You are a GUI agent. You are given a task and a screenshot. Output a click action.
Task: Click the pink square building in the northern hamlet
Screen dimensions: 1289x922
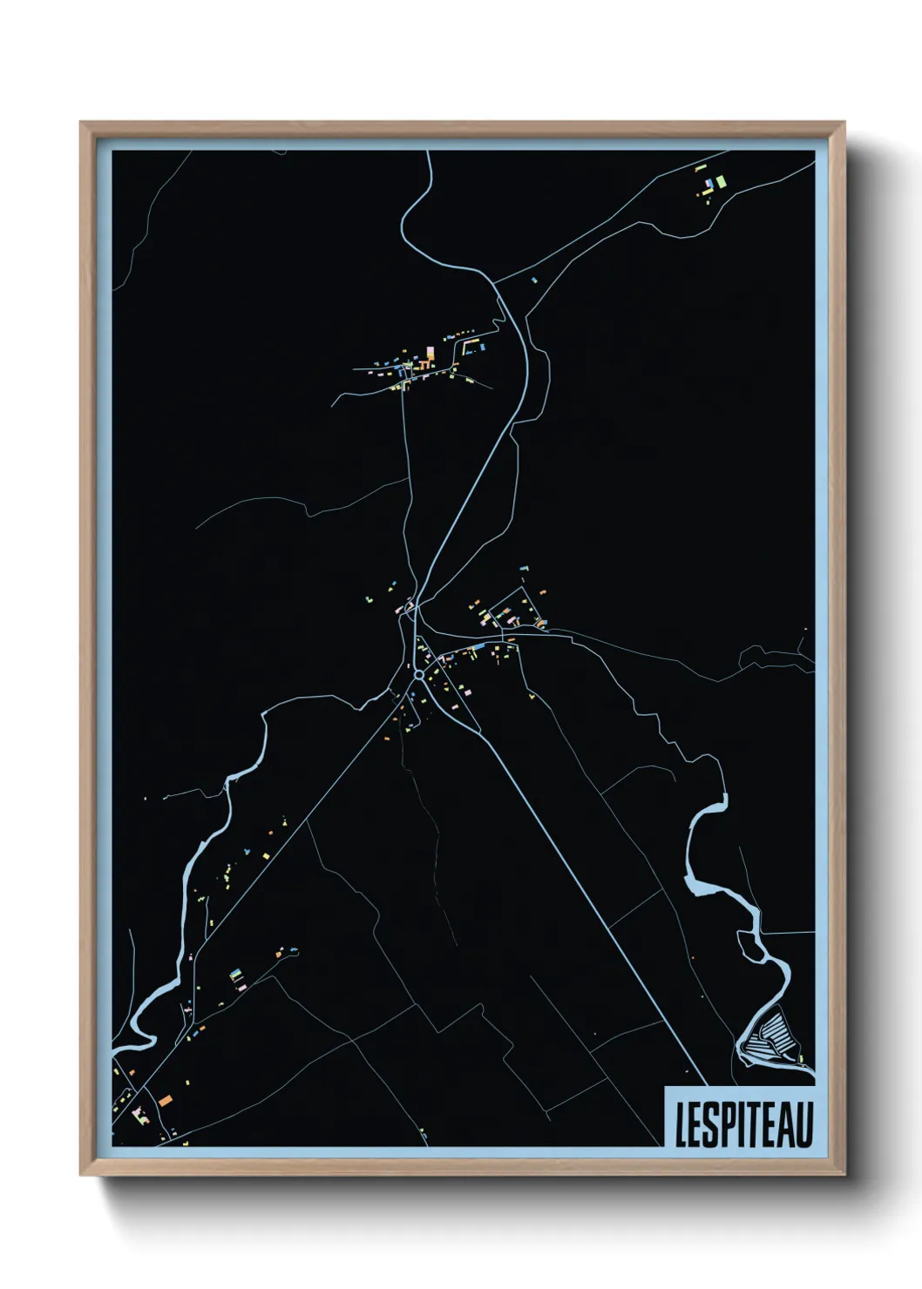pos(429,353)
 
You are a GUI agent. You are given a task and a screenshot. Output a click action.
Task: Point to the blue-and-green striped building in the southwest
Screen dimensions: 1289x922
pos(235,975)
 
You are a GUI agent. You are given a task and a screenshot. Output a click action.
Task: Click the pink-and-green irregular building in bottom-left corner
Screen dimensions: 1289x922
pos(136,1112)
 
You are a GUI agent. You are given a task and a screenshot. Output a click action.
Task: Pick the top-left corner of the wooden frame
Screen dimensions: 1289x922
pos(81,123)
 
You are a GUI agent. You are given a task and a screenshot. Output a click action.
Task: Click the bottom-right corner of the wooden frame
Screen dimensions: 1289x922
pos(845,1176)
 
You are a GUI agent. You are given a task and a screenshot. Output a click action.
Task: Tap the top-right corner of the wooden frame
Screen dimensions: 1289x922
pos(845,123)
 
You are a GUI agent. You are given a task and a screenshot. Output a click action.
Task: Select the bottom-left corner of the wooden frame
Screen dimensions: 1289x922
pos(81,1176)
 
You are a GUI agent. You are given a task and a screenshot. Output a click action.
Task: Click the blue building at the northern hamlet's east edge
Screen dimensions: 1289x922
pos(479,347)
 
